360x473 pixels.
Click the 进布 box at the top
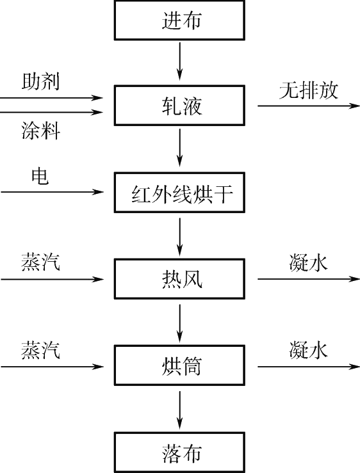(179, 20)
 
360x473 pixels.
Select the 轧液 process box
(179, 106)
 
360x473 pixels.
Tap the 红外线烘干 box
(179, 193)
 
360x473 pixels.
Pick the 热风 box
(179, 279)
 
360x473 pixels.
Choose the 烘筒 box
(179, 365)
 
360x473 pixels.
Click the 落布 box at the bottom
(179, 453)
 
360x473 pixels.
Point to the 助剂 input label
(40, 81)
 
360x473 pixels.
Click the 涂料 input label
(40, 131)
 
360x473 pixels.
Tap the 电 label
(40, 177)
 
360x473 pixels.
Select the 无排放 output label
(308, 90)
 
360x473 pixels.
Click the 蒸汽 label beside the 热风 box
(40, 262)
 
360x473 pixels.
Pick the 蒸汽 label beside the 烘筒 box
(40, 350)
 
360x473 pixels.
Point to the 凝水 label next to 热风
(308, 262)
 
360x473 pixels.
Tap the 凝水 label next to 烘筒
(308, 350)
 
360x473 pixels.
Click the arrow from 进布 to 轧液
(180, 61)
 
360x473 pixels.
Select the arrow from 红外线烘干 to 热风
(180, 237)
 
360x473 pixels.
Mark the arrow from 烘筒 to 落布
(180, 410)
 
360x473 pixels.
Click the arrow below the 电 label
(53, 192)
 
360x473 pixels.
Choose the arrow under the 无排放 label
(309, 106)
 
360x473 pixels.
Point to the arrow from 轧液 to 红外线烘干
(180, 148)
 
